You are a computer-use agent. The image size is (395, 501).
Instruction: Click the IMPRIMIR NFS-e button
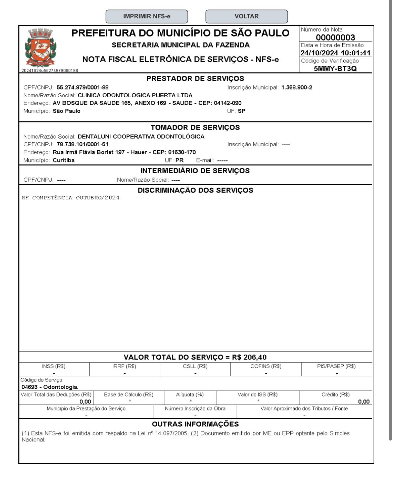click(147, 16)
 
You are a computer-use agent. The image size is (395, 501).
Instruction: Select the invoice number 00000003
click(335, 37)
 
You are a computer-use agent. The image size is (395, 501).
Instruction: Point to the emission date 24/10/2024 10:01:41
click(335, 53)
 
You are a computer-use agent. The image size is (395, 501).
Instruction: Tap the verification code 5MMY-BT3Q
click(335, 69)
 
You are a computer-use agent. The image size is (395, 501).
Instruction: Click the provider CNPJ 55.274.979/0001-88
click(82, 87)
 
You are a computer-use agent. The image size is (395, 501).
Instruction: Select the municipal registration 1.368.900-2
click(297, 87)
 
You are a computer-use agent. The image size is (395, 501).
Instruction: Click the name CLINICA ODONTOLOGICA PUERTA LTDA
click(135, 95)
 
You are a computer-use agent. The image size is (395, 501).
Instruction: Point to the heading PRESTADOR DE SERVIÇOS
click(195, 79)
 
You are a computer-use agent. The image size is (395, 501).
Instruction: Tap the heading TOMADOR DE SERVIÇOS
click(195, 127)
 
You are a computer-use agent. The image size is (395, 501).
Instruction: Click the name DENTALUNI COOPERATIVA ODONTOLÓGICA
click(141, 136)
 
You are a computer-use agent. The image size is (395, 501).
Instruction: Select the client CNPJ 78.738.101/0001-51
click(82, 144)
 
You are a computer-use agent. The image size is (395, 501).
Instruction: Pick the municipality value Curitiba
click(64, 160)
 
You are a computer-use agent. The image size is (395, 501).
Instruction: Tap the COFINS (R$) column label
click(266, 366)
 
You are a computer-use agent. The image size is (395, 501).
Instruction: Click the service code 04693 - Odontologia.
click(50, 387)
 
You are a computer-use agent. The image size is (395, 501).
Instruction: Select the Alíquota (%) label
click(190, 395)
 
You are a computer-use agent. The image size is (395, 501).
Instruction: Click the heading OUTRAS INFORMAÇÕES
click(195, 424)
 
